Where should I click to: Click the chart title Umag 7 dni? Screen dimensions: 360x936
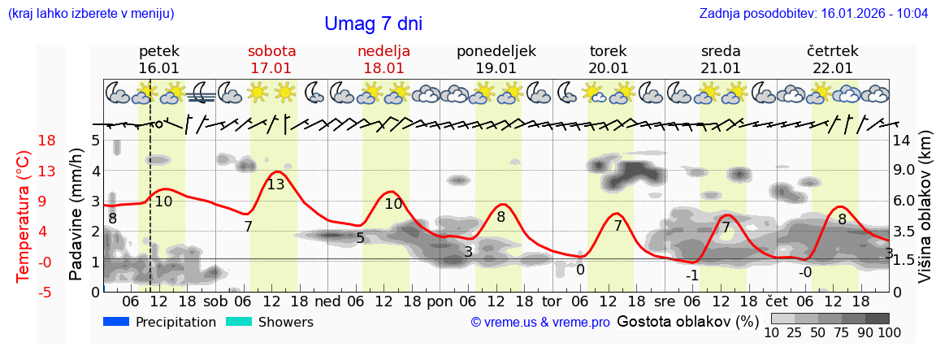point(373,24)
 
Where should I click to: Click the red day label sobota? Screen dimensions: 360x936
point(271,51)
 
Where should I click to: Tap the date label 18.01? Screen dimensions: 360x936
point(383,68)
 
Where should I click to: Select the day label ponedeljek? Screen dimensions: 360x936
point(496,51)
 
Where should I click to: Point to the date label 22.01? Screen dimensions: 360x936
point(833,68)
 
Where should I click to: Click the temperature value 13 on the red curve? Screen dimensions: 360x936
point(275,184)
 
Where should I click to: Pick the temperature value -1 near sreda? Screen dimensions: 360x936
point(692,275)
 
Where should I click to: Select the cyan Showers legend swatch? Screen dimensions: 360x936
point(239,322)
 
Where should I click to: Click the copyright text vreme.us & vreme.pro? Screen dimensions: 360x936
point(540,323)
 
